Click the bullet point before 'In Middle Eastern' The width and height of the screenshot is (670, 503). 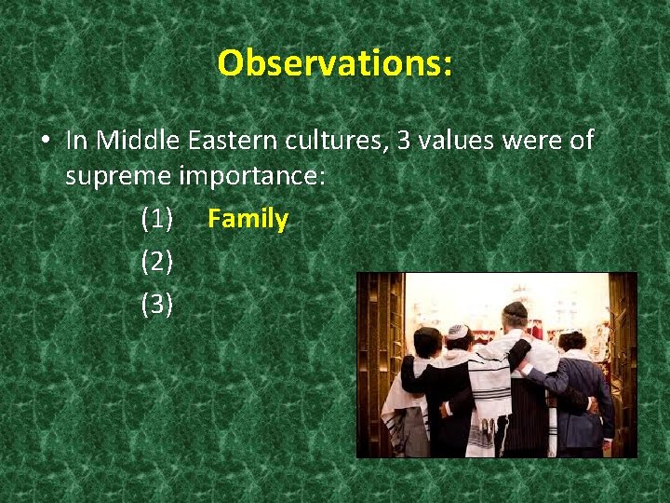tap(45, 142)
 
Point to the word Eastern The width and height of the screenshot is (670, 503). tap(231, 141)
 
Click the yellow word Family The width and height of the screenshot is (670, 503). tap(248, 220)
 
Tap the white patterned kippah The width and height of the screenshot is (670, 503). tap(456, 332)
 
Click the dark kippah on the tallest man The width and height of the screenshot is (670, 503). tap(515, 309)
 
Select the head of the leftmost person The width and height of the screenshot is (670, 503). tap(427, 342)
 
